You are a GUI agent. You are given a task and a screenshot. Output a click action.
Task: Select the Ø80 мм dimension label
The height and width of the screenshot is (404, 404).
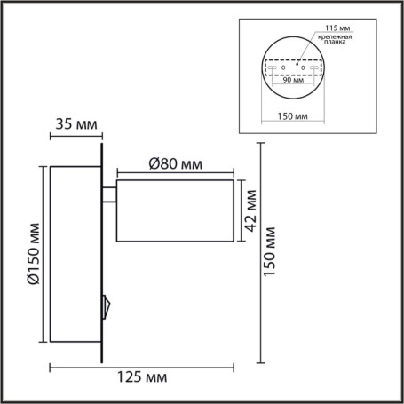click(174, 163)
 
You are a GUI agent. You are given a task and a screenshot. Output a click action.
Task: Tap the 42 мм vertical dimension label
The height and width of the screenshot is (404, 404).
click(250, 210)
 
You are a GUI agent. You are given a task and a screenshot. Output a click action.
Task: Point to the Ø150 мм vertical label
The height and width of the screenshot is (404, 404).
click(31, 255)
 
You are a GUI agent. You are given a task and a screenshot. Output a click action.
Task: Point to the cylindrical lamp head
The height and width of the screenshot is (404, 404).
click(176, 210)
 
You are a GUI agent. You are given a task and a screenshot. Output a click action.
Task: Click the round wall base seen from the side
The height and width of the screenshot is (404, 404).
click(75, 255)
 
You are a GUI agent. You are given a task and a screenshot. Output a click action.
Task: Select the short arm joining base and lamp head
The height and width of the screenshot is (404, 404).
click(109, 195)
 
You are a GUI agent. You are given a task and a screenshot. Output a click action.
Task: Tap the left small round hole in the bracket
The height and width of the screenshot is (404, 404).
click(283, 67)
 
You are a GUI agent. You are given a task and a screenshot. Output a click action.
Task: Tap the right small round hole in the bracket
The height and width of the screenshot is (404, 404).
click(303, 67)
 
